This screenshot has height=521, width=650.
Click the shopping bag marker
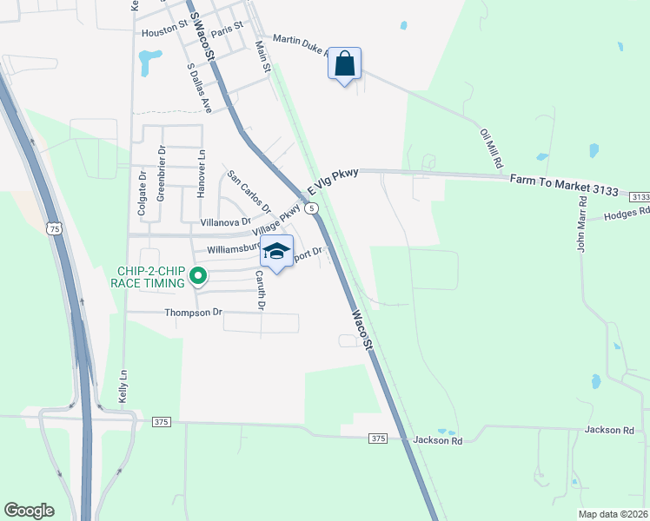(345, 64)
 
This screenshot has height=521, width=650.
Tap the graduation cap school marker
(277, 253)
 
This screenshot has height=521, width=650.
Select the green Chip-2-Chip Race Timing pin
(198, 277)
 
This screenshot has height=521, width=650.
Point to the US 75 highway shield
(54, 229)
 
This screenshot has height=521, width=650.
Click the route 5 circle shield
(312, 209)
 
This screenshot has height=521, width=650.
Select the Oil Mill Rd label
(492, 149)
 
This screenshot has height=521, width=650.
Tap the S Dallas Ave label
(200, 88)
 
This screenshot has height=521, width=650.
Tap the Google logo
(29, 511)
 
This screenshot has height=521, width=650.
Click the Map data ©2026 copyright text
(612, 513)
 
